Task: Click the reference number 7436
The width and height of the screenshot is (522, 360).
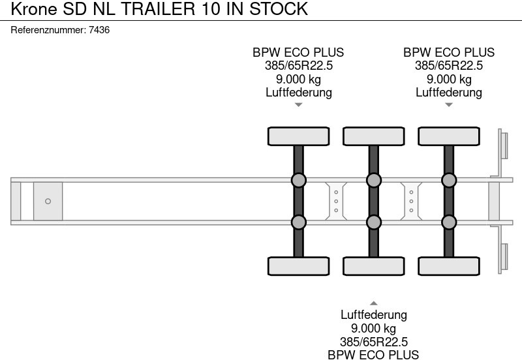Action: click(x=99, y=30)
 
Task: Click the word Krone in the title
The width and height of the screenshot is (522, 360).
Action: click(x=35, y=8)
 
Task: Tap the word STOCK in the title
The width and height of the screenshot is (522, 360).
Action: click(x=279, y=8)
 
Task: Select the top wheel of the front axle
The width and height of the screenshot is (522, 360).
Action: click(x=299, y=136)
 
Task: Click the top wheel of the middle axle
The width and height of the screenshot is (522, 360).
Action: click(x=374, y=136)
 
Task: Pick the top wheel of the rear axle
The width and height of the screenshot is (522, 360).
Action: click(x=449, y=136)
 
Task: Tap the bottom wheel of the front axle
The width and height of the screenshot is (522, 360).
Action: click(x=299, y=266)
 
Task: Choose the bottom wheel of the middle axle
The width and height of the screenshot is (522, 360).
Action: click(x=374, y=266)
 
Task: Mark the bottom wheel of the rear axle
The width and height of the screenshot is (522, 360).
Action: click(x=449, y=266)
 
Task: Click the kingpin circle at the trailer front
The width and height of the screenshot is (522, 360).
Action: click(x=48, y=202)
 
